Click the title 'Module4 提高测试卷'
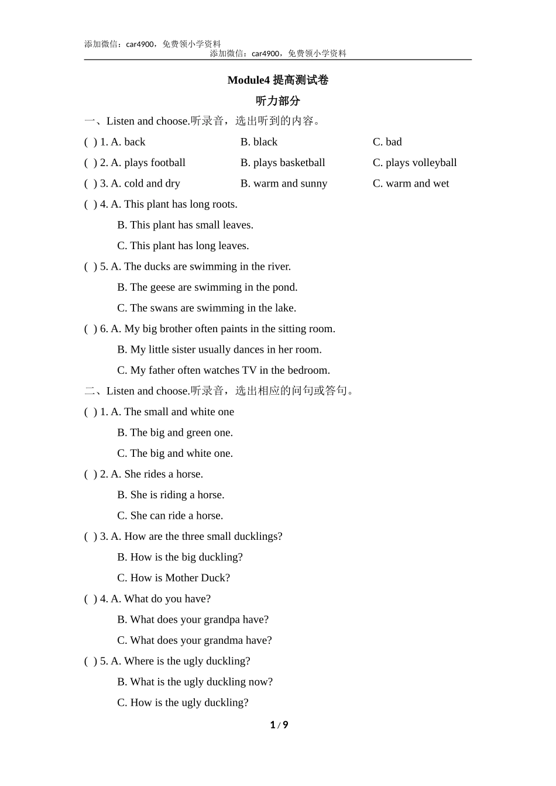coord(277,80)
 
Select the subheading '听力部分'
coord(277,101)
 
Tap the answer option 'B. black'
coord(259,142)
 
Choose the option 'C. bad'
coord(387,142)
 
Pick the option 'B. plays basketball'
coord(283,163)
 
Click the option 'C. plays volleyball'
coord(414,163)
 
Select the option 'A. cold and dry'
coord(145,184)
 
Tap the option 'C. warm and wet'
coord(410,184)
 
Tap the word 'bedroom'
coord(308,370)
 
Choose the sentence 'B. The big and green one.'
coord(175,433)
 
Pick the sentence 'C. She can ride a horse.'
coord(170,516)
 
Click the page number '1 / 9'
coord(279,725)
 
